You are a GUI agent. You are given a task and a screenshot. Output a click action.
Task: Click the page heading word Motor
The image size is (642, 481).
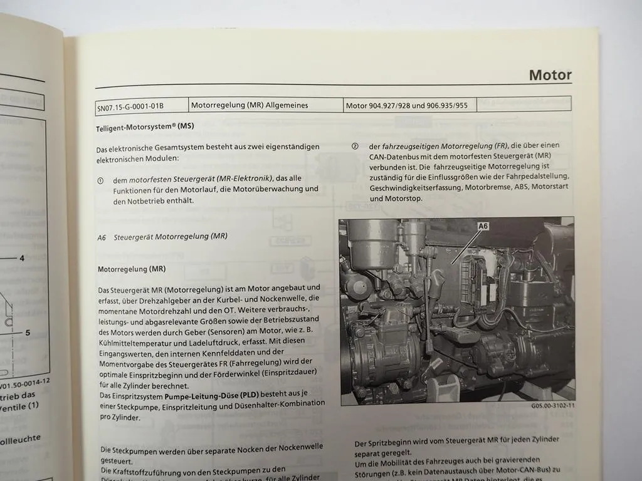point(550,75)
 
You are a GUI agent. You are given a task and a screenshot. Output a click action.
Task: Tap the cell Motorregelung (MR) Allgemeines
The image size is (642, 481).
point(250,105)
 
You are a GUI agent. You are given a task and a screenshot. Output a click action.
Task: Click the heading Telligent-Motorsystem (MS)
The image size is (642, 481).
point(145,127)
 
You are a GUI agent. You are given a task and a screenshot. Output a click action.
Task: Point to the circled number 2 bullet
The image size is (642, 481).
point(355,146)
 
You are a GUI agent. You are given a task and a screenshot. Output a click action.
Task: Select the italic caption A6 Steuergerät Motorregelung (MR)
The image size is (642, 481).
point(162,237)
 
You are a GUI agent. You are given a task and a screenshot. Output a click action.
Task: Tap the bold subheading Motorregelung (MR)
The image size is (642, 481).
point(132,269)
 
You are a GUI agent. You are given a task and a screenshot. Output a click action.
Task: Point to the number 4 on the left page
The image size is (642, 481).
point(21,258)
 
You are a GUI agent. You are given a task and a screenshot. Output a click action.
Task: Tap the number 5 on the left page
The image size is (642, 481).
point(28,333)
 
